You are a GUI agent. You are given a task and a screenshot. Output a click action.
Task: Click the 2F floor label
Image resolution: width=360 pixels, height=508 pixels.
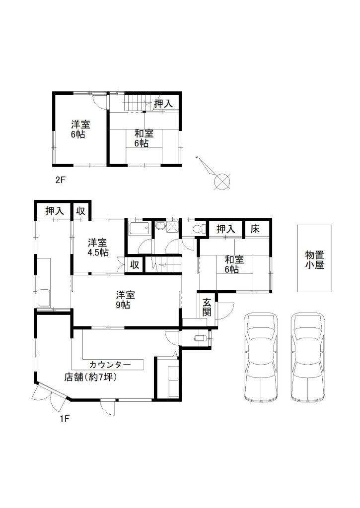(x=60, y=180)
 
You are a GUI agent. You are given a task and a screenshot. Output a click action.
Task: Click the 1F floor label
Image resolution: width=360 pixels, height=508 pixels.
(x=65, y=419)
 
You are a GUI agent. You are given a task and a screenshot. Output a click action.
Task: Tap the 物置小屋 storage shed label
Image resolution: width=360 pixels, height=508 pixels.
(x=315, y=260)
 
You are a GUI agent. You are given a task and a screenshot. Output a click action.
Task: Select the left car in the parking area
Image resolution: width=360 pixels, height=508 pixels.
(x=261, y=357)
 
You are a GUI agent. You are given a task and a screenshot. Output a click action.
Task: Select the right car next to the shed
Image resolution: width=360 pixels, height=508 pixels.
(x=308, y=357)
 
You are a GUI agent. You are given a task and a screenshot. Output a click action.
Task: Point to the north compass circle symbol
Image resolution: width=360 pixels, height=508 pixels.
(x=222, y=182)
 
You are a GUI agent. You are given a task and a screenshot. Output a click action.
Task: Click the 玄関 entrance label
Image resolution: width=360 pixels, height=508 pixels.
(x=207, y=307)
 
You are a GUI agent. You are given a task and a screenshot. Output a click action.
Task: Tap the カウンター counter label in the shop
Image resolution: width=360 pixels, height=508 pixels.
(x=110, y=365)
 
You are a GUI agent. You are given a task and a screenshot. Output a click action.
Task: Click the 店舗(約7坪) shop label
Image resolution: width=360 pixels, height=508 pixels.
(x=90, y=377)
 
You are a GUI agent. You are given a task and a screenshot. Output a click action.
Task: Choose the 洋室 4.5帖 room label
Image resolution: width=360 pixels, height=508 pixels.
(x=98, y=248)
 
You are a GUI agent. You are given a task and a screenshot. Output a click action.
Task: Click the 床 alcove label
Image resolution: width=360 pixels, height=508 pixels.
(x=255, y=229)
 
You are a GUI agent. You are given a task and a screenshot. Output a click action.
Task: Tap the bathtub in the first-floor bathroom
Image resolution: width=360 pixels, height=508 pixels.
(x=140, y=229)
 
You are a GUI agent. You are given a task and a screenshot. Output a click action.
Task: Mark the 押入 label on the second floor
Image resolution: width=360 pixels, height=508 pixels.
(x=163, y=104)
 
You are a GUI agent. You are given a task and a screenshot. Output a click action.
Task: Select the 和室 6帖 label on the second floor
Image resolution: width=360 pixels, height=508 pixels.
(x=144, y=138)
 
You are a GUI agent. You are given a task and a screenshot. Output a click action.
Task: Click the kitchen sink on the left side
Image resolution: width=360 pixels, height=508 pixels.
(x=44, y=298)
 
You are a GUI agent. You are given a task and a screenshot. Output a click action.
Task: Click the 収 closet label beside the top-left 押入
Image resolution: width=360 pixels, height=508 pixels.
(x=81, y=211)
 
